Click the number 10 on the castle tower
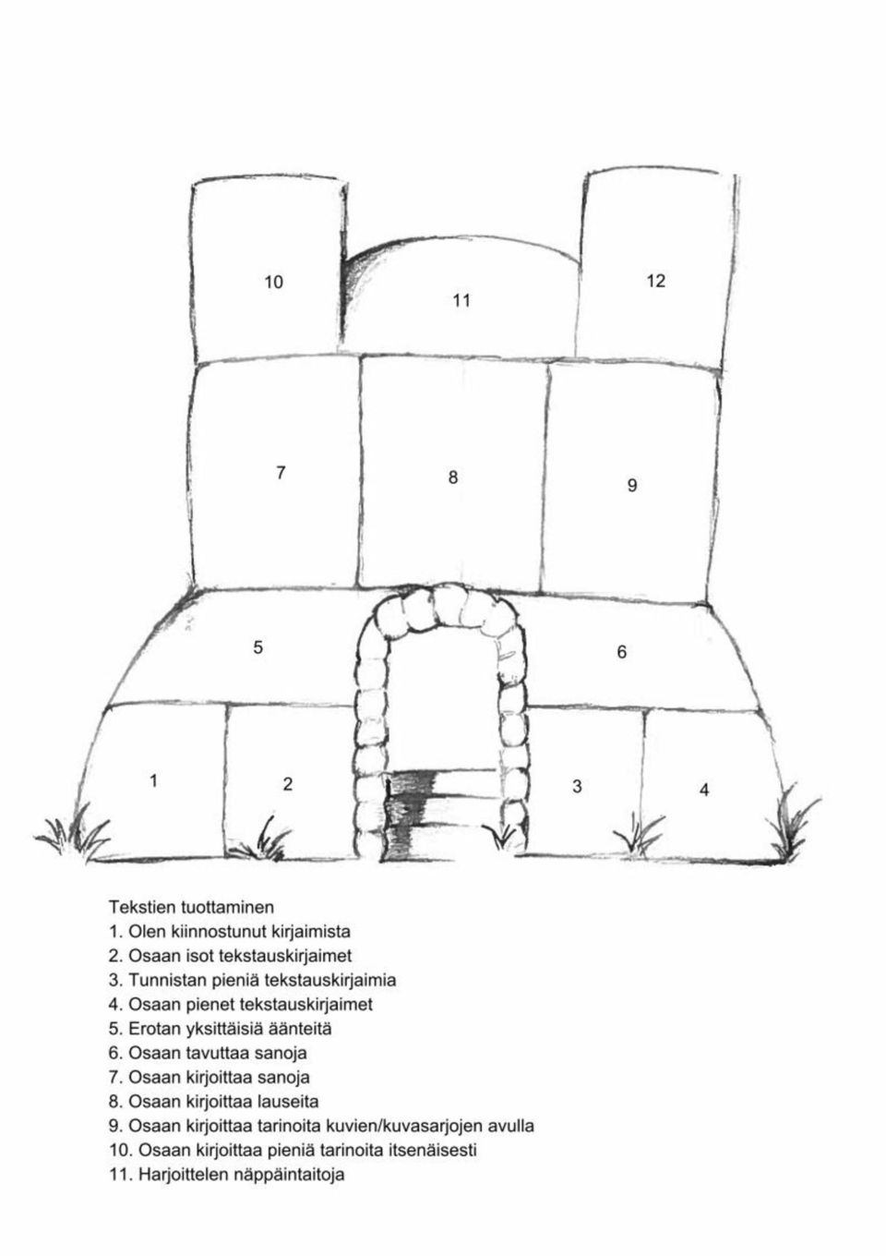(274, 282)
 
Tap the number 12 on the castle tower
(655, 281)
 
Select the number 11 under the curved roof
(461, 300)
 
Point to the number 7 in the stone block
(281, 473)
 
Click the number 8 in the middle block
(453, 477)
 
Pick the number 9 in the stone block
(632, 485)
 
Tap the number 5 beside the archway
(257, 647)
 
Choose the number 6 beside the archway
(621, 652)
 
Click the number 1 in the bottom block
(153, 780)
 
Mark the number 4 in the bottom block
(704, 790)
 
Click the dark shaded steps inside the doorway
(412, 815)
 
